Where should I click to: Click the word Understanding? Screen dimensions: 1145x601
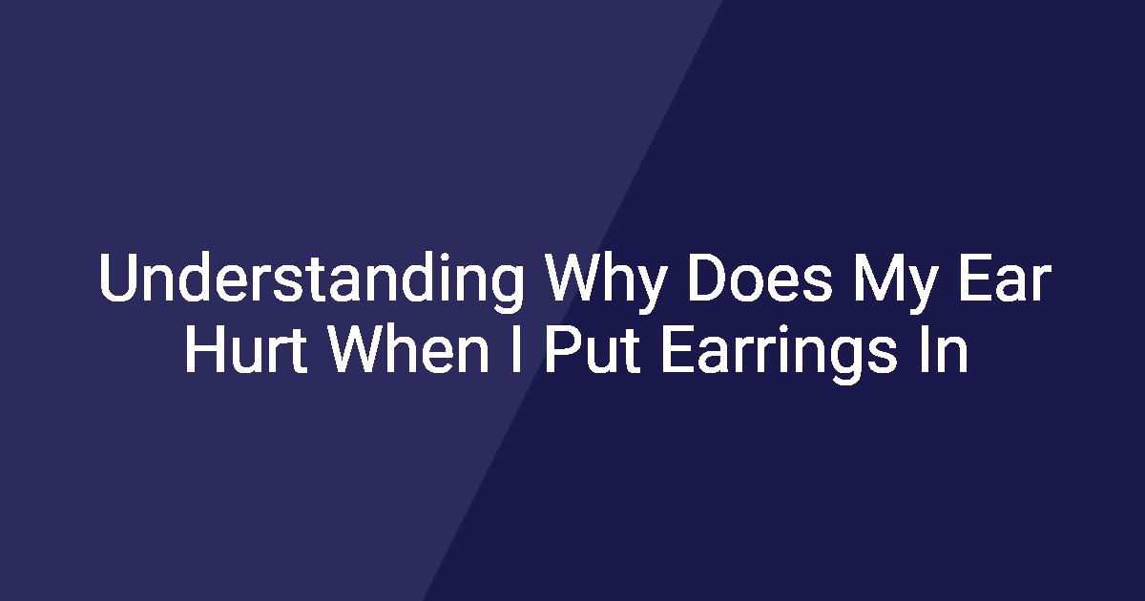(x=311, y=281)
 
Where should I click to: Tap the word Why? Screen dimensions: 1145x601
(x=605, y=281)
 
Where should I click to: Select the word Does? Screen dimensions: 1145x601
(x=760, y=278)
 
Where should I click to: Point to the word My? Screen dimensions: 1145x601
(x=894, y=281)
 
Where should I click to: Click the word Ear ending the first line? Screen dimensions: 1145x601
(x=1005, y=278)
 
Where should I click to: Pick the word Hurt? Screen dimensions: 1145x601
(x=246, y=349)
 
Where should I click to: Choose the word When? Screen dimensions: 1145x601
(x=408, y=349)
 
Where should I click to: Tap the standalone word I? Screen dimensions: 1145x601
(x=517, y=349)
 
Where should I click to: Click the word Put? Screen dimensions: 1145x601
(x=593, y=349)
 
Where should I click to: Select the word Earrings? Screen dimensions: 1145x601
(x=779, y=353)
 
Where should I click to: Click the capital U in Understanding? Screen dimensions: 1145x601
(x=119, y=278)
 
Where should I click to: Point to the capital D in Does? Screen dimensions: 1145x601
(x=708, y=278)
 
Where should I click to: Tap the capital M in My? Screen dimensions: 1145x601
(x=876, y=278)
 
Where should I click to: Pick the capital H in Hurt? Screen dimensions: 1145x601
(x=204, y=349)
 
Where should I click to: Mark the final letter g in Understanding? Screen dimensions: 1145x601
(x=506, y=289)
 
